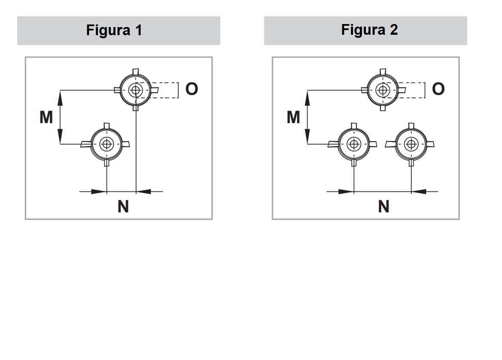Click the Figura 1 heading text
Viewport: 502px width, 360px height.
(x=114, y=30)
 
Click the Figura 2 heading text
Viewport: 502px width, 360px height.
(x=369, y=30)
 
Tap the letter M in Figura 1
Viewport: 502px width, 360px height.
(x=46, y=117)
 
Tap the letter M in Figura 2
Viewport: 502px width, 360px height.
(x=293, y=117)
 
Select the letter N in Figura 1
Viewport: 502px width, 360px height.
(x=123, y=206)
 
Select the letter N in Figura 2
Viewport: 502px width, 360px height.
(x=383, y=206)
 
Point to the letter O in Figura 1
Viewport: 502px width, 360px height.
(x=192, y=89)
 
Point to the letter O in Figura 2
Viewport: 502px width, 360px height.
(x=438, y=89)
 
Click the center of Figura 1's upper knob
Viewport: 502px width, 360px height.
(x=136, y=90)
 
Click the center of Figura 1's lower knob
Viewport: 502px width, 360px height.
(x=106, y=144)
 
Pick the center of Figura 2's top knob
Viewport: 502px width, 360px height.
(x=383, y=90)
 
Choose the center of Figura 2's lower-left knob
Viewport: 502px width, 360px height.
(x=354, y=144)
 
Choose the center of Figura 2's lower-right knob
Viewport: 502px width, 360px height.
(x=411, y=144)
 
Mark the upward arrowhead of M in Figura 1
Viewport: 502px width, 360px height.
(x=60, y=98)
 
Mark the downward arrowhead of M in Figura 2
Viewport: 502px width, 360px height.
(x=307, y=136)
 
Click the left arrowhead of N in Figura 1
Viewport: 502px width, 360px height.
(x=99, y=192)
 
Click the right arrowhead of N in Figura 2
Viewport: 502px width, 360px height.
(x=419, y=192)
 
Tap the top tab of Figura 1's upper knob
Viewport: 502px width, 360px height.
(x=136, y=71)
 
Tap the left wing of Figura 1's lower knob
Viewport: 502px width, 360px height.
(x=86, y=144)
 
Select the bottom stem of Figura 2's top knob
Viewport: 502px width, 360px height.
(x=383, y=108)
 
